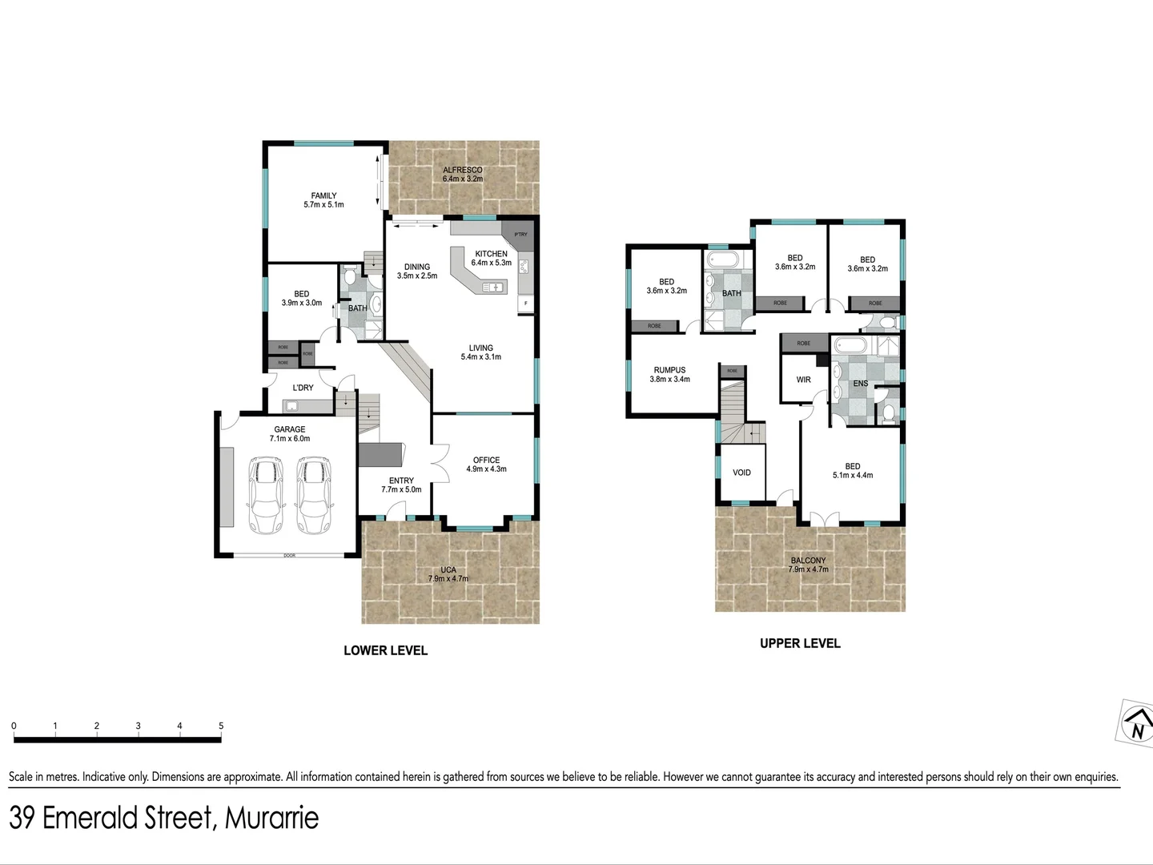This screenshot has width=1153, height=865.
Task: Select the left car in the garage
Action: [x=266, y=495]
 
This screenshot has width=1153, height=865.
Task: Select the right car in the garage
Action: [x=314, y=495]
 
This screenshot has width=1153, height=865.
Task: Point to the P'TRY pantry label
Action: [x=521, y=235]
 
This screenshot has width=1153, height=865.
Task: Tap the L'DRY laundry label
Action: [x=303, y=388]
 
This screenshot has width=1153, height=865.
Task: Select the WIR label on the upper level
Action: [x=803, y=380]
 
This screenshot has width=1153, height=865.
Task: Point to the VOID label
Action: [x=741, y=473]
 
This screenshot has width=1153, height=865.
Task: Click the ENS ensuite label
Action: [x=860, y=384]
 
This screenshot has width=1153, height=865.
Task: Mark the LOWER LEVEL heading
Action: [x=385, y=650]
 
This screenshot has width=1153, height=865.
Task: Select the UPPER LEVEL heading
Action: [x=800, y=643]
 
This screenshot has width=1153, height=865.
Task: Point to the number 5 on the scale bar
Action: [x=221, y=726]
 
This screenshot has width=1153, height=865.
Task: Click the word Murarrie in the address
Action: [x=271, y=818]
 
